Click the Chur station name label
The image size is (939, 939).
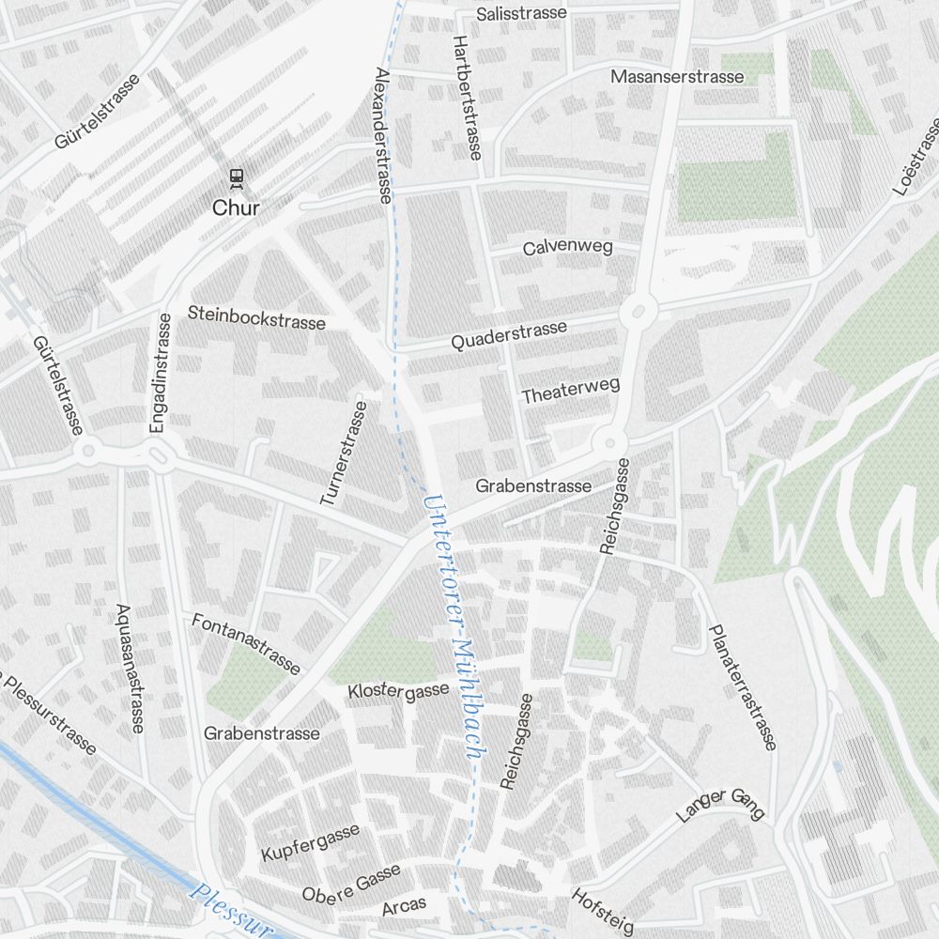(236, 208)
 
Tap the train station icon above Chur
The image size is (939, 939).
(237, 177)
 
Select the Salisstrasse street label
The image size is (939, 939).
(521, 13)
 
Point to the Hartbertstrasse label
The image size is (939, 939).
(467, 97)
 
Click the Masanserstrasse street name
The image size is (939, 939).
(677, 76)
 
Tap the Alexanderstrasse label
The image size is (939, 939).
(382, 134)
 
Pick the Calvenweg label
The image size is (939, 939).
(567, 248)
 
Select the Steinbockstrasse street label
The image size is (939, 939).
(256, 317)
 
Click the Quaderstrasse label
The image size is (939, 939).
(509, 335)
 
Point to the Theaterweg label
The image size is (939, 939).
(571, 392)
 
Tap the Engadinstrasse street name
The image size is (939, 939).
(161, 373)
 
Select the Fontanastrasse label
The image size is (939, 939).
(246, 643)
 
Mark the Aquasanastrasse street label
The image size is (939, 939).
(130, 668)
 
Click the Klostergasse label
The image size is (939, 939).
(398, 692)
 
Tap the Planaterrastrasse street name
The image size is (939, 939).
(742, 687)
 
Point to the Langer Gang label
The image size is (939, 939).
(721, 805)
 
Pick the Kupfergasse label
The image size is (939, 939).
(311, 842)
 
